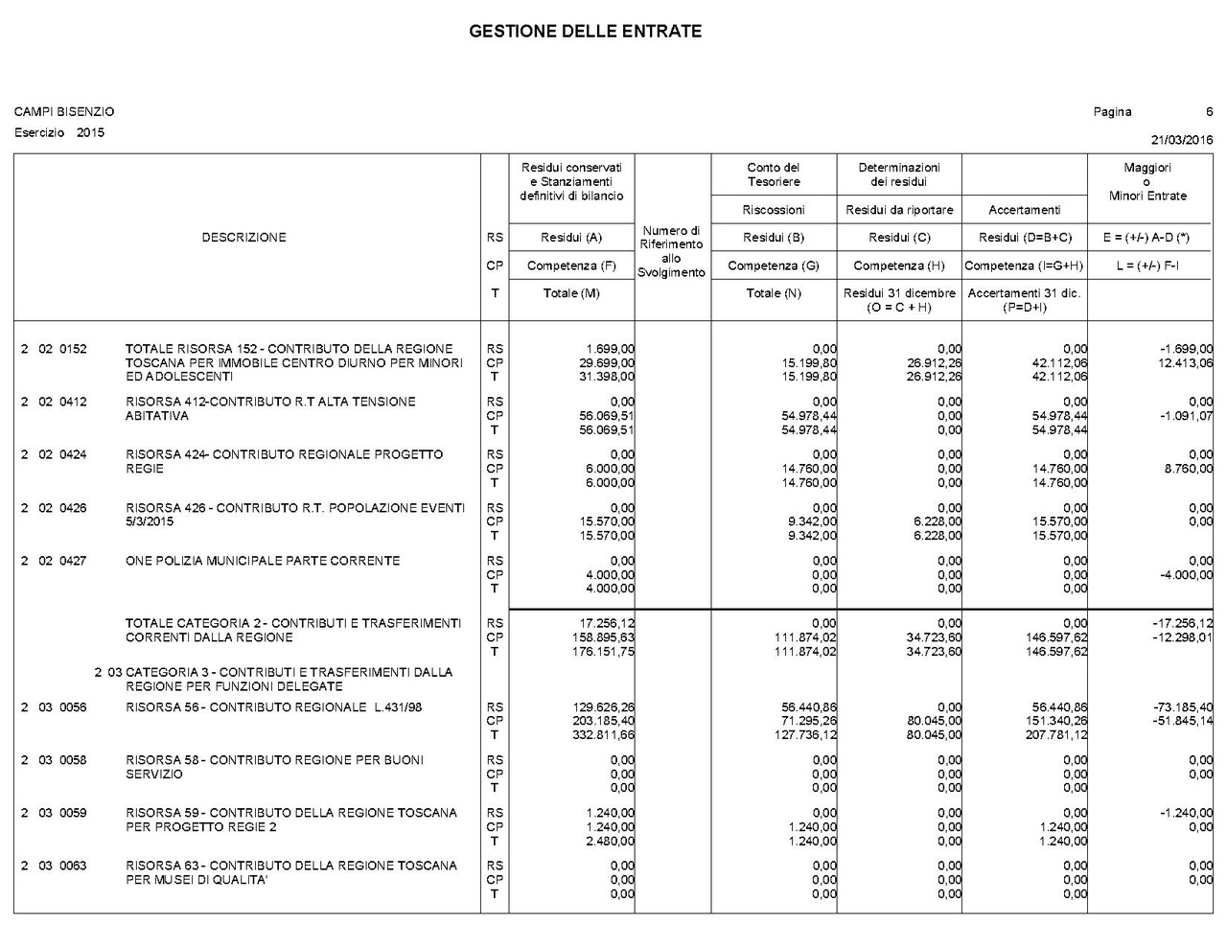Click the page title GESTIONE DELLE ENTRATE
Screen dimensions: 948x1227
[x=585, y=32]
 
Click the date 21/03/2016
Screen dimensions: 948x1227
[x=1182, y=140]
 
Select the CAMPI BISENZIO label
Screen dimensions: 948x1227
[x=64, y=112]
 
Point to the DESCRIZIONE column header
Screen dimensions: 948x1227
[x=243, y=238]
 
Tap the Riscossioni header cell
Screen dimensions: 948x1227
[x=773, y=210]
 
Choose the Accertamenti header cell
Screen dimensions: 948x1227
[x=1024, y=210]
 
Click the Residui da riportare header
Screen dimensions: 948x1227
[x=898, y=210]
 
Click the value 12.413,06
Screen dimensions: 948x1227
[x=1185, y=363]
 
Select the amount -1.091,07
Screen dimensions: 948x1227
[x=1185, y=416]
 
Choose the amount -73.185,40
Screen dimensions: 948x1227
[x=1183, y=707]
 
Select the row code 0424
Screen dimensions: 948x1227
[x=73, y=454]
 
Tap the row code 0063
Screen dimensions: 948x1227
[x=73, y=866]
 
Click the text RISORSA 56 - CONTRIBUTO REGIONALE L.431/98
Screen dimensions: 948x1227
[x=273, y=707]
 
